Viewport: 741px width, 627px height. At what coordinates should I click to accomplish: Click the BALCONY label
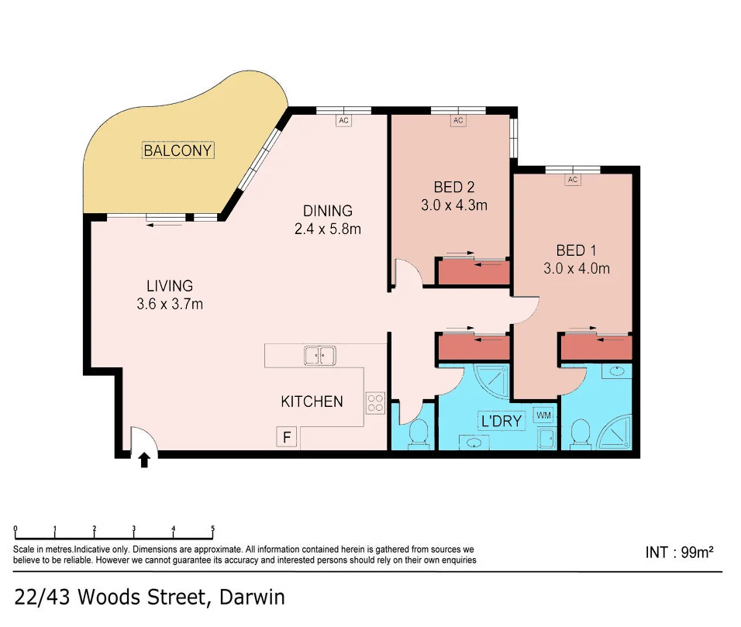coord(177,150)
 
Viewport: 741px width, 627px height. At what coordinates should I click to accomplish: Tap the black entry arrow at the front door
coord(143,461)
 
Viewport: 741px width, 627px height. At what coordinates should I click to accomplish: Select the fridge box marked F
coord(287,438)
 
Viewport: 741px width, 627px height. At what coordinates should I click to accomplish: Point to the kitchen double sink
coord(319,356)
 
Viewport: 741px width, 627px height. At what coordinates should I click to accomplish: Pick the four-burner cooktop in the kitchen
coord(375,402)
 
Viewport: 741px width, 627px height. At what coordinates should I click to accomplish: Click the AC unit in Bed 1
coord(573,180)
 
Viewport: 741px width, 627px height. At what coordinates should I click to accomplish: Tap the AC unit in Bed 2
coord(457,120)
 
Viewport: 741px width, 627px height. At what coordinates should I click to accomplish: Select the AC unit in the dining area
coord(344,120)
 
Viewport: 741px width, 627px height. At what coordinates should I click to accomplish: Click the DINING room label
coord(327,211)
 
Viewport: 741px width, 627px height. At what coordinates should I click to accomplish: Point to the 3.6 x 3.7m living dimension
coord(169,304)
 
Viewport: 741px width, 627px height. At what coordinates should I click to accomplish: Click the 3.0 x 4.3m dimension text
coord(453,205)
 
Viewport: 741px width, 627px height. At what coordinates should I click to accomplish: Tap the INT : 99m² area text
coord(679,553)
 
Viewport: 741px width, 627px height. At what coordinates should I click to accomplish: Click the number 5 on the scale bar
coord(212,530)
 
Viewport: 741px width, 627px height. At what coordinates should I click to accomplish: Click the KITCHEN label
coord(312,401)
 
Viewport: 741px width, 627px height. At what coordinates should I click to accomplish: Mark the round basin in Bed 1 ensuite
coord(617,372)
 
